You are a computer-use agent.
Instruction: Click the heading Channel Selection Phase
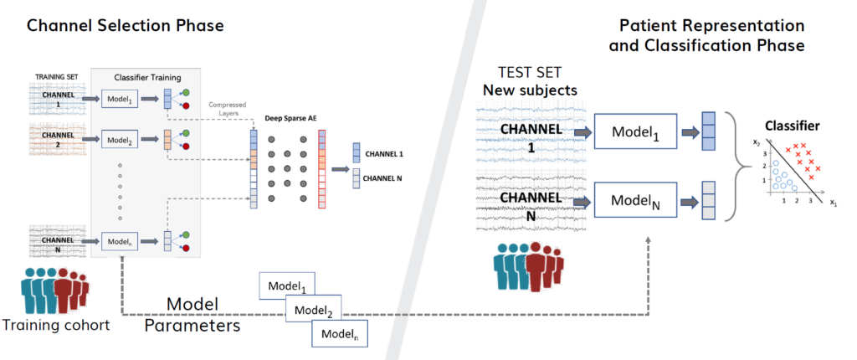tap(126, 26)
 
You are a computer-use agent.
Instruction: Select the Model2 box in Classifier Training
tap(119, 137)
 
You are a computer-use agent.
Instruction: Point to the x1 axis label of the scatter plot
tap(833, 203)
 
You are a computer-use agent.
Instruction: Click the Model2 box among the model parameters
tap(313, 311)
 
